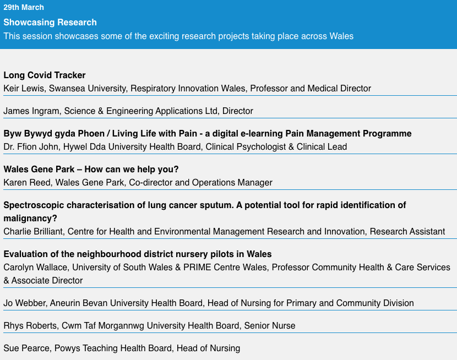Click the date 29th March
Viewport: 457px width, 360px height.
pyautogui.click(x=24, y=8)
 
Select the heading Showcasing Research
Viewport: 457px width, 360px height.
pyautogui.click(x=50, y=23)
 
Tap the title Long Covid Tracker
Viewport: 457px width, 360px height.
pyautogui.click(x=45, y=75)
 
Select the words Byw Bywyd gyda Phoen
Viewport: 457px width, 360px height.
pyautogui.click(x=55, y=134)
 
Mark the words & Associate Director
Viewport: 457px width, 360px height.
pyautogui.click(x=43, y=281)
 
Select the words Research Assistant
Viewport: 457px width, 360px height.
pyautogui.click(x=407, y=232)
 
